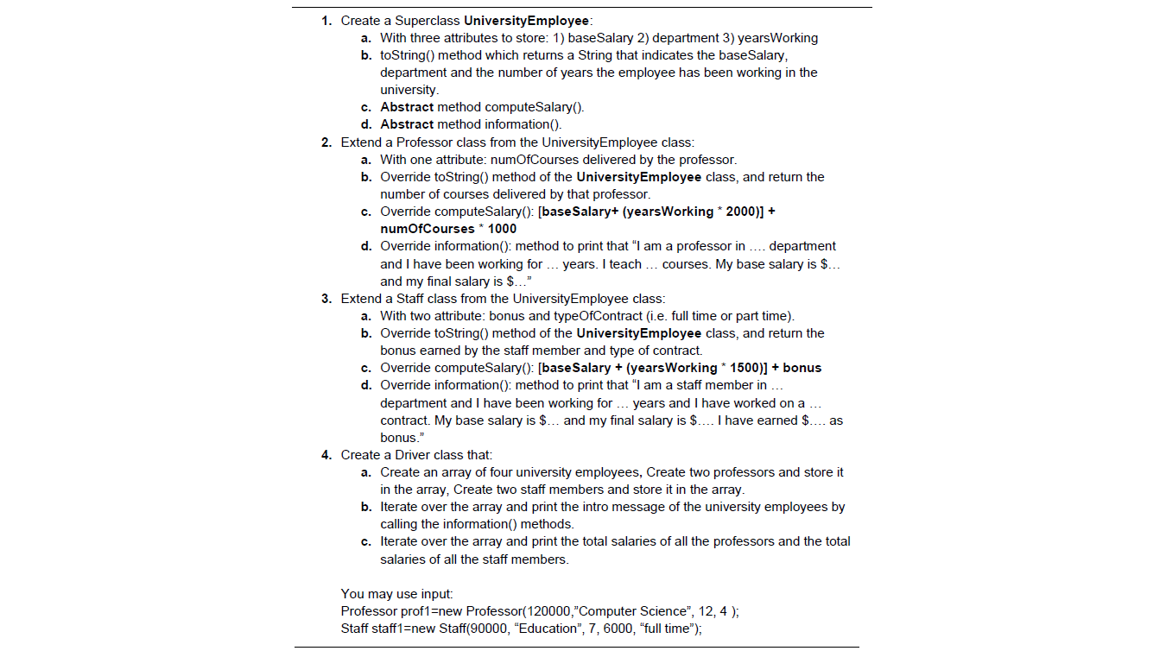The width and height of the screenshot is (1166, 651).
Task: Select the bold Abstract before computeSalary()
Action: pyautogui.click(x=407, y=107)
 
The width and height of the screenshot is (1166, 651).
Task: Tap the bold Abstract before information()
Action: pyautogui.click(x=407, y=124)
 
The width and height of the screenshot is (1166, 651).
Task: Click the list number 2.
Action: pyautogui.click(x=326, y=142)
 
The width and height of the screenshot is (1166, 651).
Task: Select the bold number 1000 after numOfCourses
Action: pyautogui.click(x=502, y=229)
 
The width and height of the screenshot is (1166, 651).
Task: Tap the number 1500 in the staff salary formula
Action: pyautogui.click(x=744, y=368)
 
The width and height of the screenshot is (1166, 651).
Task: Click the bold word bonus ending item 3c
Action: pyautogui.click(x=802, y=368)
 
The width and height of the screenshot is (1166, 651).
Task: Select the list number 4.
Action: pyautogui.click(x=326, y=455)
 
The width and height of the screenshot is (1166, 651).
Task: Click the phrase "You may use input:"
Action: pyautogui.click(x=396, y=594)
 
